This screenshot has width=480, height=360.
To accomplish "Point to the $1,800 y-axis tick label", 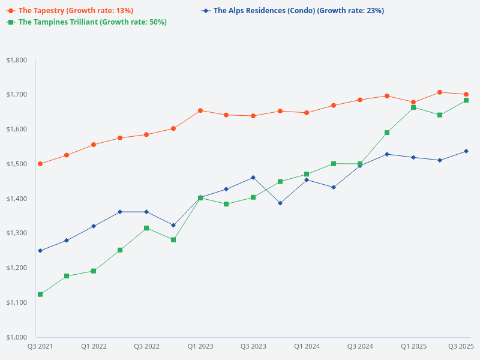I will coord(16,60).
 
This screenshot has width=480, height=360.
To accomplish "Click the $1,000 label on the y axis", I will coord(16,337).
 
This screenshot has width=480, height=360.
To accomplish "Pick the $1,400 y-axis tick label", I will coord(16,199).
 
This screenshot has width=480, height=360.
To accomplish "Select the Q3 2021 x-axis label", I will coord(40,346).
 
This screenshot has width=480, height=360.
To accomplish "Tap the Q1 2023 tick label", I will coord(200,346).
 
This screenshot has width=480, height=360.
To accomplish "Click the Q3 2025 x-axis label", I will coord(461,346).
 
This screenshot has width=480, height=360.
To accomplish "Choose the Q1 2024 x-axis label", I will coord(307,346).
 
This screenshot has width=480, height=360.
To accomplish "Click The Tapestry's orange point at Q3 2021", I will coord(40,164).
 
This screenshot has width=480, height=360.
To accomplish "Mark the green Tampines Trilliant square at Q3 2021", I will coord(40,295).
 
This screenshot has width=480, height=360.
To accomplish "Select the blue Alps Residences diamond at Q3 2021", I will coord(40,251).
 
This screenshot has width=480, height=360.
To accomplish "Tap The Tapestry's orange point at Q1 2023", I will coord(200,110).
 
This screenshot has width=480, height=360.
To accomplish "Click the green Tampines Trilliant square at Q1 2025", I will coord(413,107).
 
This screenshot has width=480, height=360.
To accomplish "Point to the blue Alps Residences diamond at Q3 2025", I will coord(466,151).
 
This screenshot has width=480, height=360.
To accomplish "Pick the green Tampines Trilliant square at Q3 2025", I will coord(466,100).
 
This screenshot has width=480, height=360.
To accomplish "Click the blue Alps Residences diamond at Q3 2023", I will coord(253,178).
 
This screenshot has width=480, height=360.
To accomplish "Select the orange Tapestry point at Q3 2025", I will coord(466,94).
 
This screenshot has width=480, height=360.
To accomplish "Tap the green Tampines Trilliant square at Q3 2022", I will coord(146,228).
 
